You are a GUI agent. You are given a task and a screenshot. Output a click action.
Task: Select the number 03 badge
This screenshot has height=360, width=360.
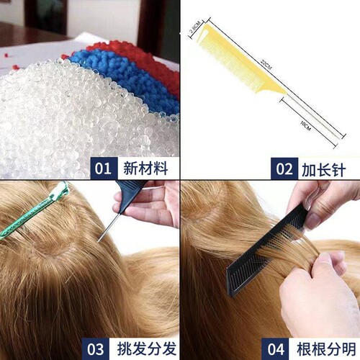96,349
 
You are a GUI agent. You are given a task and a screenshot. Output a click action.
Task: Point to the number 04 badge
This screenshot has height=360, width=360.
275,349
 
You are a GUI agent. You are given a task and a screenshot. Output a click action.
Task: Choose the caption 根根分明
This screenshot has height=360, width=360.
323,349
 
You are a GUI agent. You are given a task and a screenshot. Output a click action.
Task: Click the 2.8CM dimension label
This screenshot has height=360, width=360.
194,31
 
